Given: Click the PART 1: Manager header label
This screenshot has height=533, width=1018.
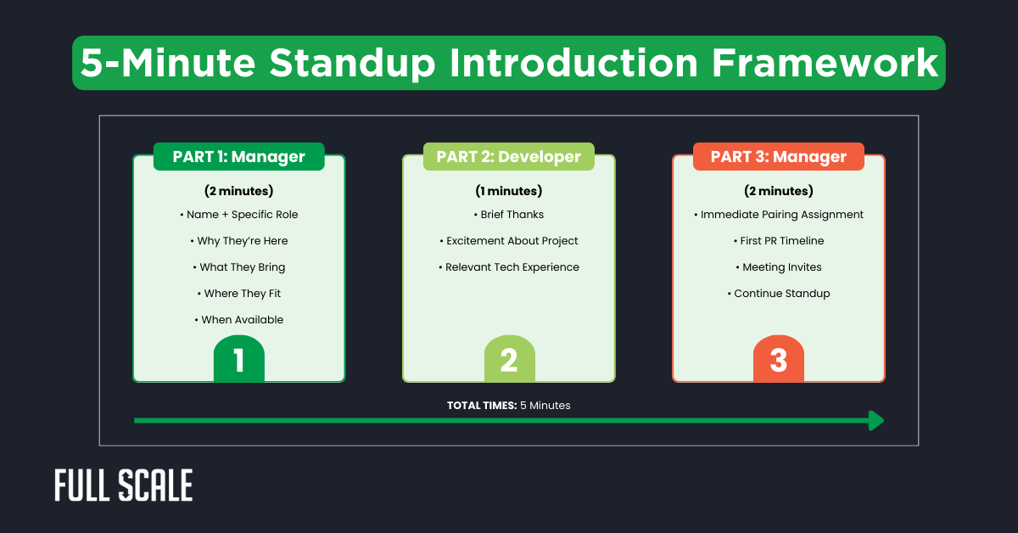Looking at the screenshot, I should pyautogui.click(x=238, y=157).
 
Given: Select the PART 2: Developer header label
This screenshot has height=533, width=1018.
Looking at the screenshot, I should pyautogui.click(x=508, y=157).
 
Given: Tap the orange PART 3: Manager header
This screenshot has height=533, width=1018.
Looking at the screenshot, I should pyautogui.click(x=778, y=157).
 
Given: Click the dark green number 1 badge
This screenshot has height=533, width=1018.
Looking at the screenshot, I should pyautogui.click(x=238, y=360).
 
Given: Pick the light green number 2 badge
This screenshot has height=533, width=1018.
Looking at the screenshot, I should pyautogui.click(x=509, y=360).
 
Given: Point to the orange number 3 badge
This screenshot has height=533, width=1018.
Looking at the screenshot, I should pyautogui.click(x=778, y=360).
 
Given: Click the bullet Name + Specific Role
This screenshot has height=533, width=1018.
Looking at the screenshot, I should pyautogui.click(x=238, y=215).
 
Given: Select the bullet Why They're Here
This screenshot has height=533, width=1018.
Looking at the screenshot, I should pyautogui.click(x=238, y=241).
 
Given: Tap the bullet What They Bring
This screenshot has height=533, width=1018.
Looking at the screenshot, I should pyautogui.click(x=238, y=267).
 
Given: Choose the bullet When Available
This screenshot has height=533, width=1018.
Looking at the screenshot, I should pyautogui.click(x=238, y=320).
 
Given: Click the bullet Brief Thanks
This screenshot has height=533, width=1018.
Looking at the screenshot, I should pyautogui.click(x=508, y=215).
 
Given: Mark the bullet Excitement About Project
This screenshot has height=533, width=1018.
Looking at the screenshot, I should pyautogui.click(x=508, y=241).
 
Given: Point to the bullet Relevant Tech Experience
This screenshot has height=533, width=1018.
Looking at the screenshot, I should pyautogui.click(x=508, y=267).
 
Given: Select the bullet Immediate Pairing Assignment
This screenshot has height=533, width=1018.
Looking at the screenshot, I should pyautogui.click(x=778, y=215).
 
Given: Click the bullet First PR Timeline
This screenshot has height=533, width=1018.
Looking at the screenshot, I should pyautogui.click(x=778, y=241).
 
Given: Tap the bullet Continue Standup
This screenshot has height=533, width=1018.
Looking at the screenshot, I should pyautogui.click(x=778, y=294).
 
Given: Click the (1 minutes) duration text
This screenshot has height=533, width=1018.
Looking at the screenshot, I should pyautogui.click(x=508, y=191).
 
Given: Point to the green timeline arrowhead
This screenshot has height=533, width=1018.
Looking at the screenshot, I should pyautogui.click(x=875, y=420).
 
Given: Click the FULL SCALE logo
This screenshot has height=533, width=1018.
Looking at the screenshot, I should pyautogui.click(x=124, y=485).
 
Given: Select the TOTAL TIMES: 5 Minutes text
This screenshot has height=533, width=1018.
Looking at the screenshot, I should pyautogui.click(x=508, y=406).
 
